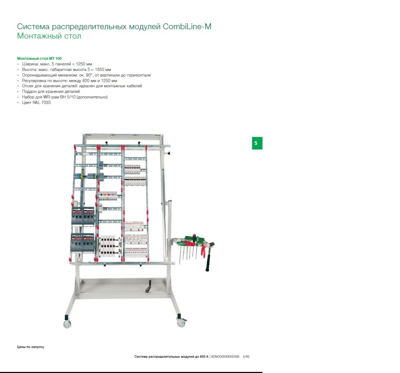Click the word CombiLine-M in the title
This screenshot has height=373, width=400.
coord(187,26)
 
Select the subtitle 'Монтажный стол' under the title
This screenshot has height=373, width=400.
coord(49,36)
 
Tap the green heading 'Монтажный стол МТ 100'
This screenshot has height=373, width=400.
coord(39,59)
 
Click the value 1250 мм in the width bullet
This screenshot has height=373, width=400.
coord(84,64)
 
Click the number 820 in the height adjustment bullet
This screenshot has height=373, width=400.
coord(86,80)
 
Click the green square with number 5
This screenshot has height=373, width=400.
coord(257,143)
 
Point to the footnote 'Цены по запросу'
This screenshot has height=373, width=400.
coord(31,347)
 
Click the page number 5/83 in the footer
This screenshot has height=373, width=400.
coord(246,356)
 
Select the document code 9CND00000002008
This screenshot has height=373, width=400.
coord(225,356)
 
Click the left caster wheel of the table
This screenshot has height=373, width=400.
coord(67,324)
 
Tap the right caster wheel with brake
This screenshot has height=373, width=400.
coord(181,323)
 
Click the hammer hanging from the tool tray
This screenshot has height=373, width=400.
coord(209,257)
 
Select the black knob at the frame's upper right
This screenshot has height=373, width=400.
coord(169,153)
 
